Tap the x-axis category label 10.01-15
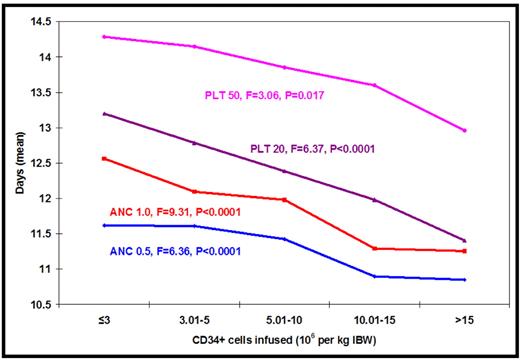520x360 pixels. coord(374,322)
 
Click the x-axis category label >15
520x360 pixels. coord(464,322)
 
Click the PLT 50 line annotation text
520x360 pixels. coord(261,95)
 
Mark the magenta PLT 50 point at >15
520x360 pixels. coord(465,130)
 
